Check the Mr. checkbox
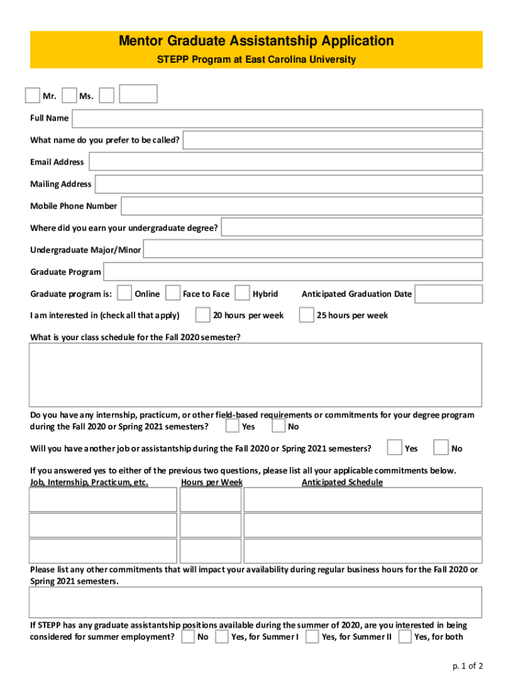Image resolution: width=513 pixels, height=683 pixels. (x=32, y=95)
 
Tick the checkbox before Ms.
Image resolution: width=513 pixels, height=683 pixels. (x=69, y=95)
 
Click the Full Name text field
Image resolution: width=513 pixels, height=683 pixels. (x=276, y=118)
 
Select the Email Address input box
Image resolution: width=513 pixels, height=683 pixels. (x=285, y=161)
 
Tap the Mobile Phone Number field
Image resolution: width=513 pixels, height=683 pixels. (x=301, y=206)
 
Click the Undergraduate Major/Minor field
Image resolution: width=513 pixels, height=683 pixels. (x=312, y=249)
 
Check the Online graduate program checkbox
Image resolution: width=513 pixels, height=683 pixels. (x=124, y=293)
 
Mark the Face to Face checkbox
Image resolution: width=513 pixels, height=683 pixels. (x=173, y=293)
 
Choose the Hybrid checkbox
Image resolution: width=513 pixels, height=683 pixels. (x=242, y=293)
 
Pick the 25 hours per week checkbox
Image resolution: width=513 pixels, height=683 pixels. (x=306, y=315)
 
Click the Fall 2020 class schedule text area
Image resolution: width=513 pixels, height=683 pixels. (x=256, y=375)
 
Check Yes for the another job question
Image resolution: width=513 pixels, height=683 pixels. (x=394, y=448)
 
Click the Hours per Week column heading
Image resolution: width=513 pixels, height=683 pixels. (x=212, y=482)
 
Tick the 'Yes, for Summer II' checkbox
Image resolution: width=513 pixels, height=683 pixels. (x=312, y=636)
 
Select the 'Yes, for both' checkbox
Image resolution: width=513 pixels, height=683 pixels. (x=404, y=636)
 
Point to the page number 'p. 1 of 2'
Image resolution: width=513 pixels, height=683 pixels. (x=466, y=666)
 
